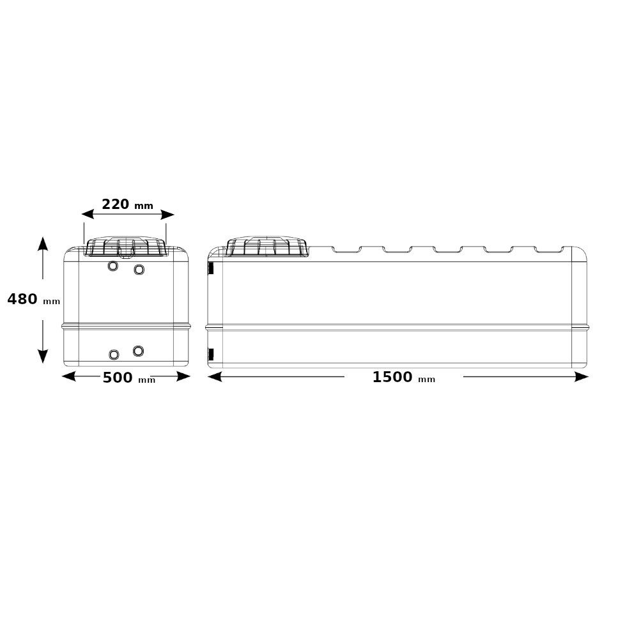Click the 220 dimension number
tap(115, 204)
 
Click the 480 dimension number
tap(22, 299)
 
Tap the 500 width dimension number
tap(118, 378)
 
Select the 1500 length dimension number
tap(392, 377)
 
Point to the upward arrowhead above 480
tap(43, 243)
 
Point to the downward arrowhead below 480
tap(43, 356)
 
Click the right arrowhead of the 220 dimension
tap(168, 214)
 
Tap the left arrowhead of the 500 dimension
tap(68, 376)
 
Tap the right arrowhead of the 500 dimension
tap(183, 376)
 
